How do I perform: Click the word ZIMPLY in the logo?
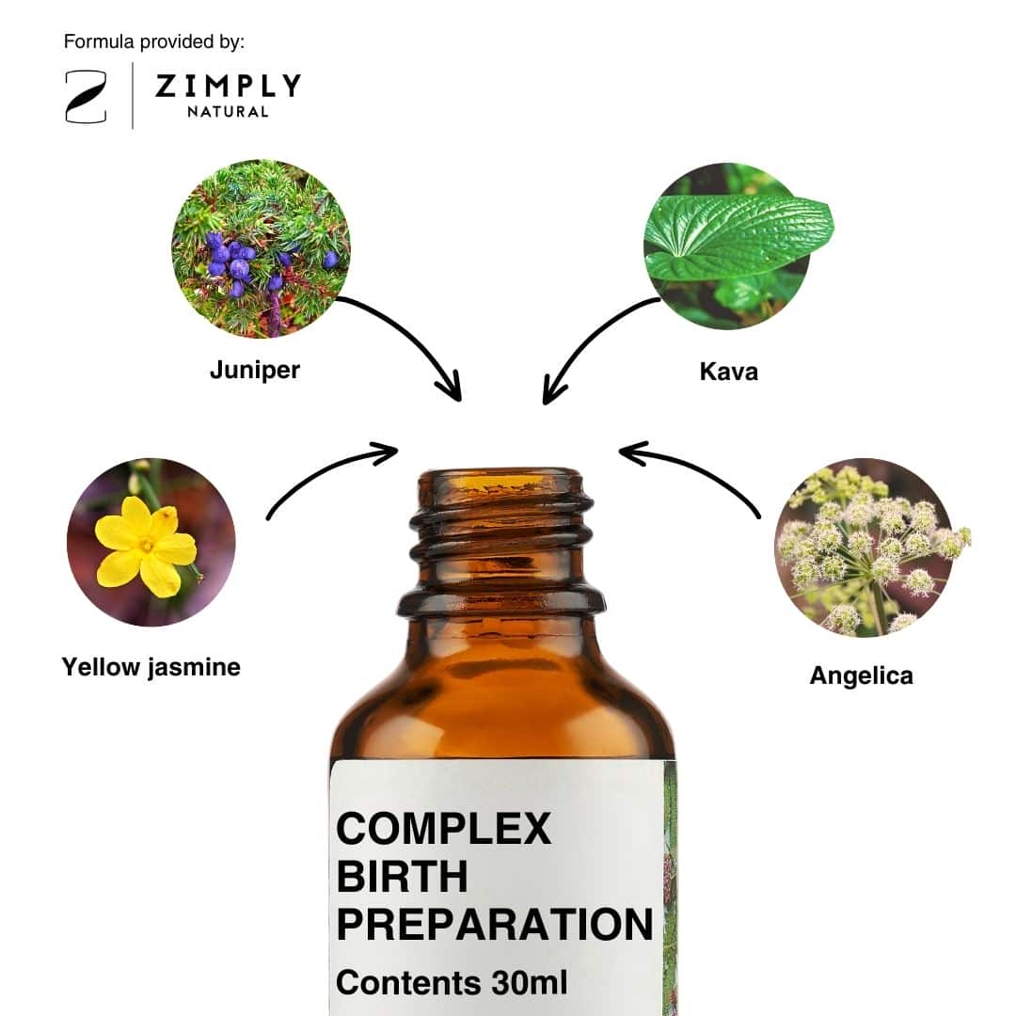228,86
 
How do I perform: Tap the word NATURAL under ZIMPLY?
228,112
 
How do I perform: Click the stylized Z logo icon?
86,97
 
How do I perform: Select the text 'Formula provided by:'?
154,42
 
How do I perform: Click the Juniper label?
255,370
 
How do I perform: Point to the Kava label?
729,372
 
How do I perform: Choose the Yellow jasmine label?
151,667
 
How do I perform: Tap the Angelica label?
861,675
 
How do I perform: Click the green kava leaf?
738,236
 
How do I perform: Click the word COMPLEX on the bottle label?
444,828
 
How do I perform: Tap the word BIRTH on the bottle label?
402,876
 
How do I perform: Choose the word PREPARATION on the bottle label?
495,924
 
